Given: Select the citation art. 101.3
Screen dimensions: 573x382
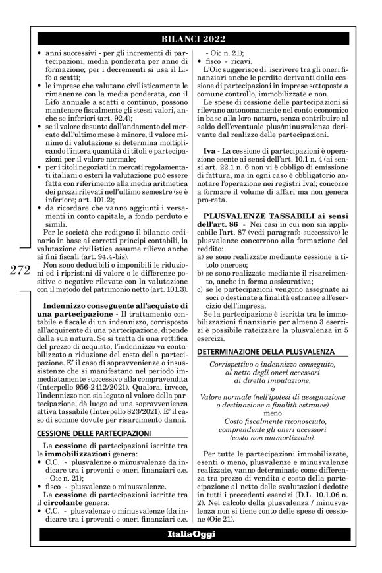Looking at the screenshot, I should [x=168, y=270].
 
